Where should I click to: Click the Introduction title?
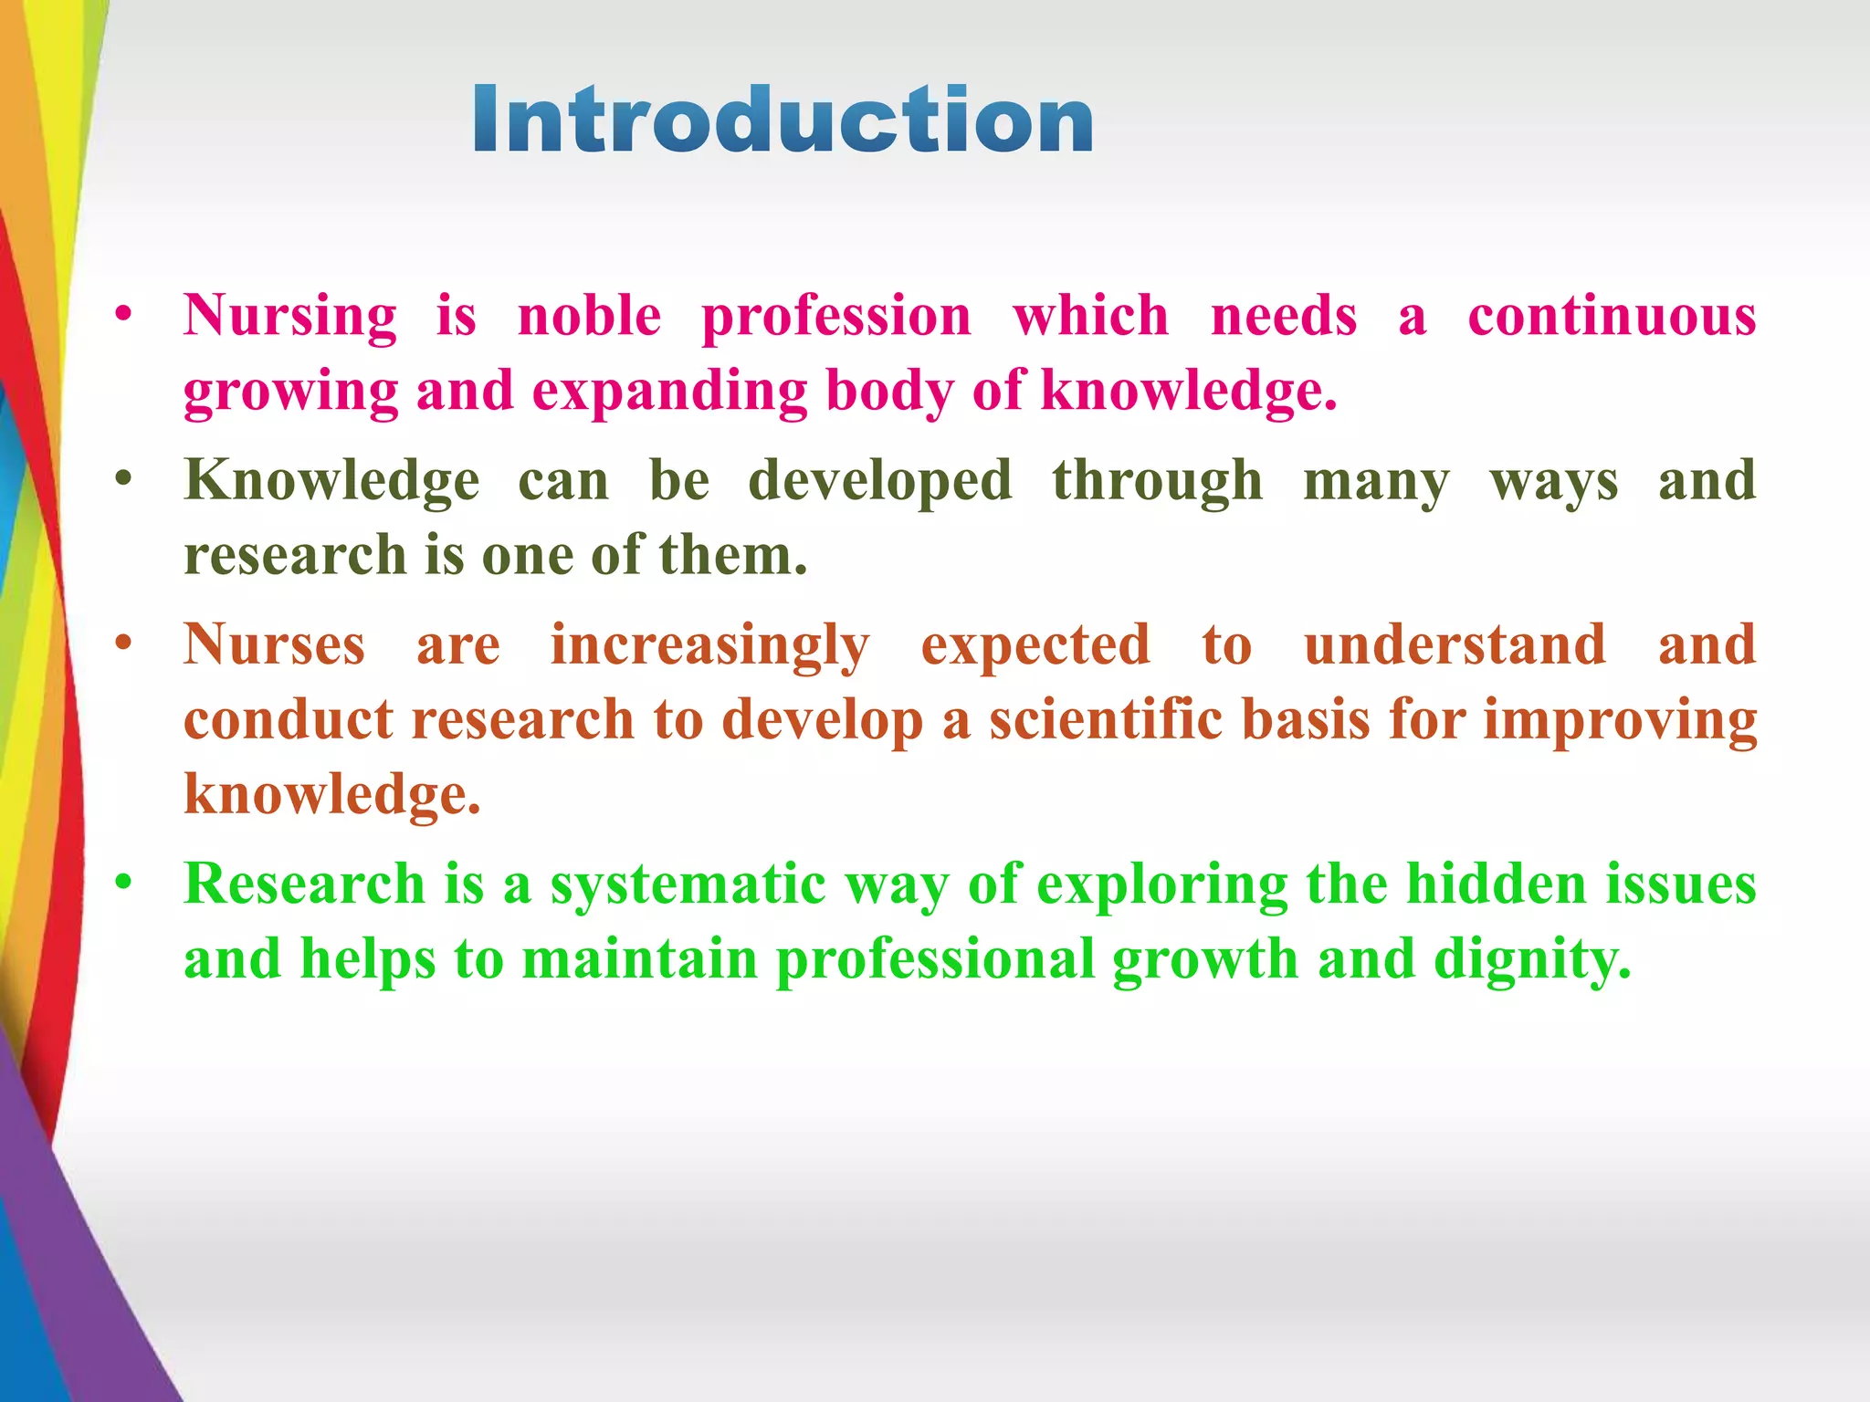(783, 120)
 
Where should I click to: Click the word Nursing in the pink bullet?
(289, 317)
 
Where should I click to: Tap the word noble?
(589, 317)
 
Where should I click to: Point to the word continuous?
(1612, 317)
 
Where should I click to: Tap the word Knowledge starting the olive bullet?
(331, 481)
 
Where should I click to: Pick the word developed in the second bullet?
(880, 481)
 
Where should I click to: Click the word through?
(1157, 481)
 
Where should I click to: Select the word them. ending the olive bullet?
(733, 555)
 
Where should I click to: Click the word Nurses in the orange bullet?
(274, 644)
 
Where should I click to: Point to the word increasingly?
(709, 646)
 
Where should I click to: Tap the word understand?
(1455, 644)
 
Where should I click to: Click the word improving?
(1620, 721)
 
